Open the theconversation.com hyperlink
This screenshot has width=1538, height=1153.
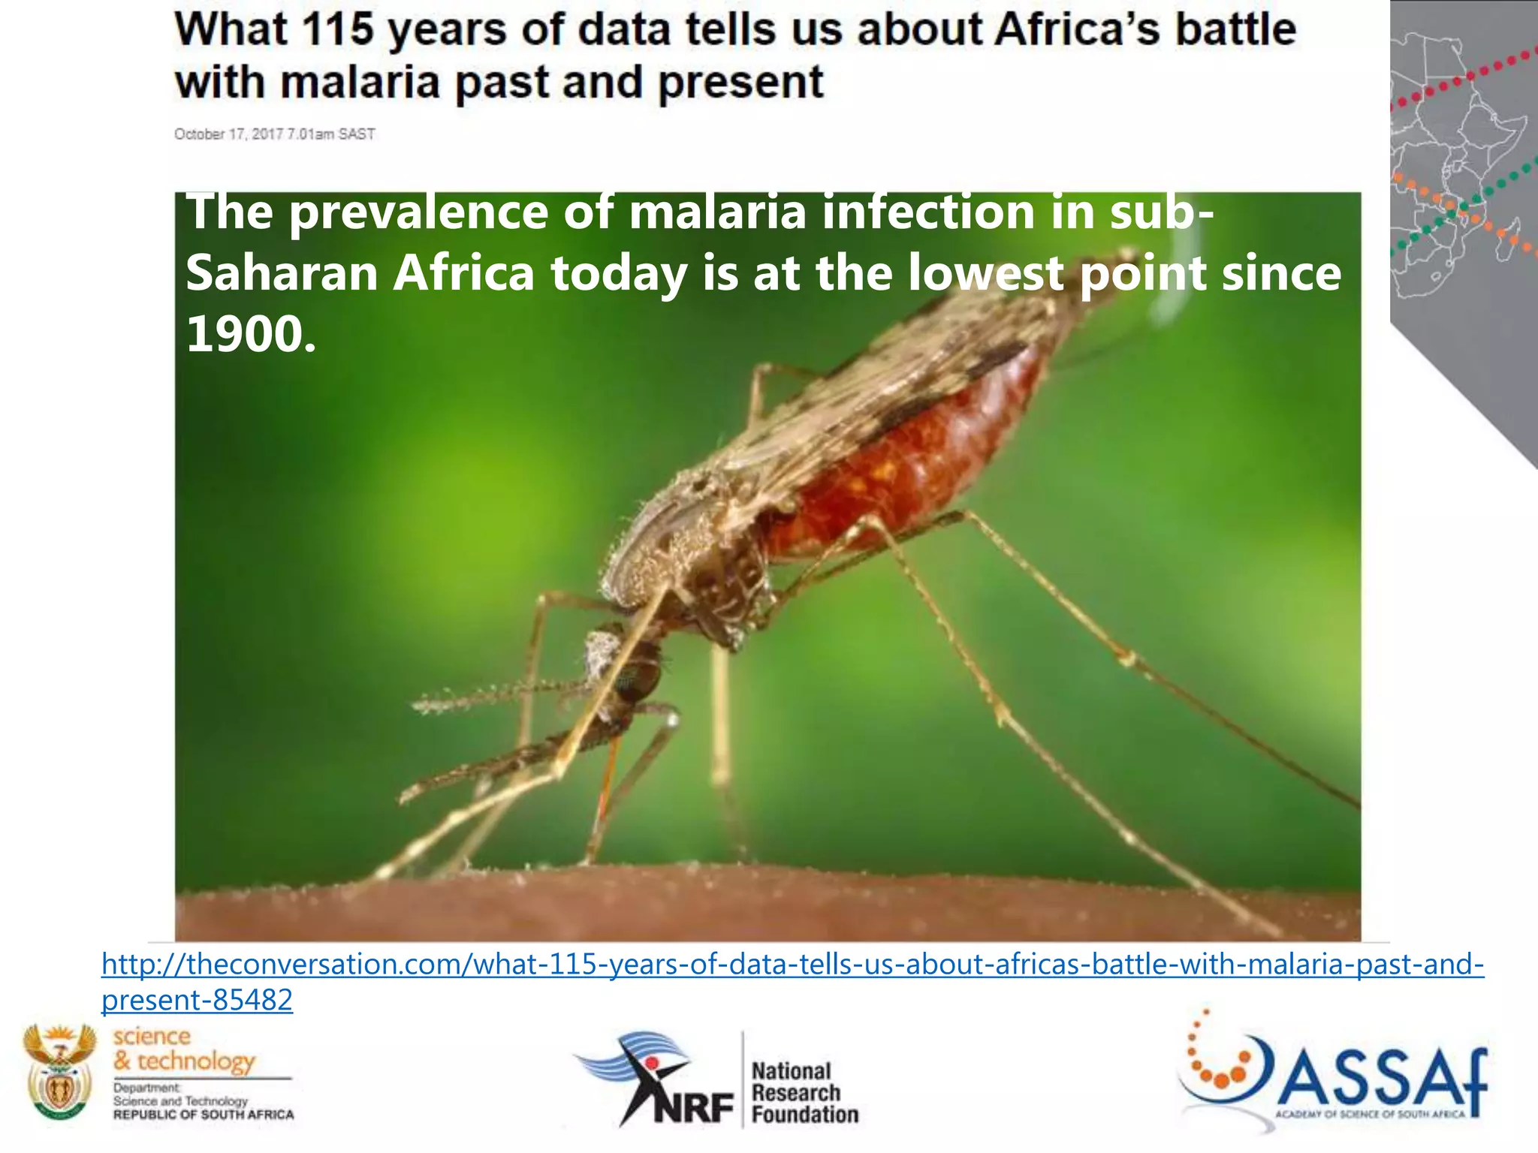(x=792, y=965)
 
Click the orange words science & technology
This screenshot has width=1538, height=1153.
(x=184, y=1049)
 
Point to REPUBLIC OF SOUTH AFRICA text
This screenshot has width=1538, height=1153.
(x=204, y=1115)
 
